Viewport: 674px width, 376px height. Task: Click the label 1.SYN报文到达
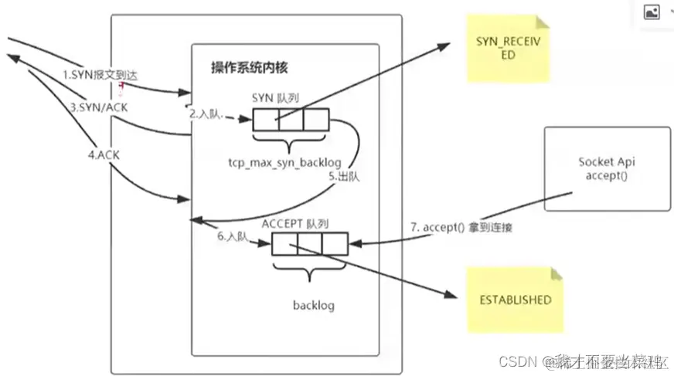[x=100, y=76]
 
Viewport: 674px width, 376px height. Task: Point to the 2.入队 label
[x=207, y=114]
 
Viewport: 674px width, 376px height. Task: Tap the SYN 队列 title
[x=277, y=98]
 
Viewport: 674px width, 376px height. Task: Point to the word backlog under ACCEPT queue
[x=313, y=305]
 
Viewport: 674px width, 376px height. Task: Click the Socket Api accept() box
[x=607, y=168]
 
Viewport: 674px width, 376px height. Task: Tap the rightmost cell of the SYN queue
[x=316, y=121]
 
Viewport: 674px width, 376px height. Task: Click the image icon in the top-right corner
[x=652, y=12]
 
